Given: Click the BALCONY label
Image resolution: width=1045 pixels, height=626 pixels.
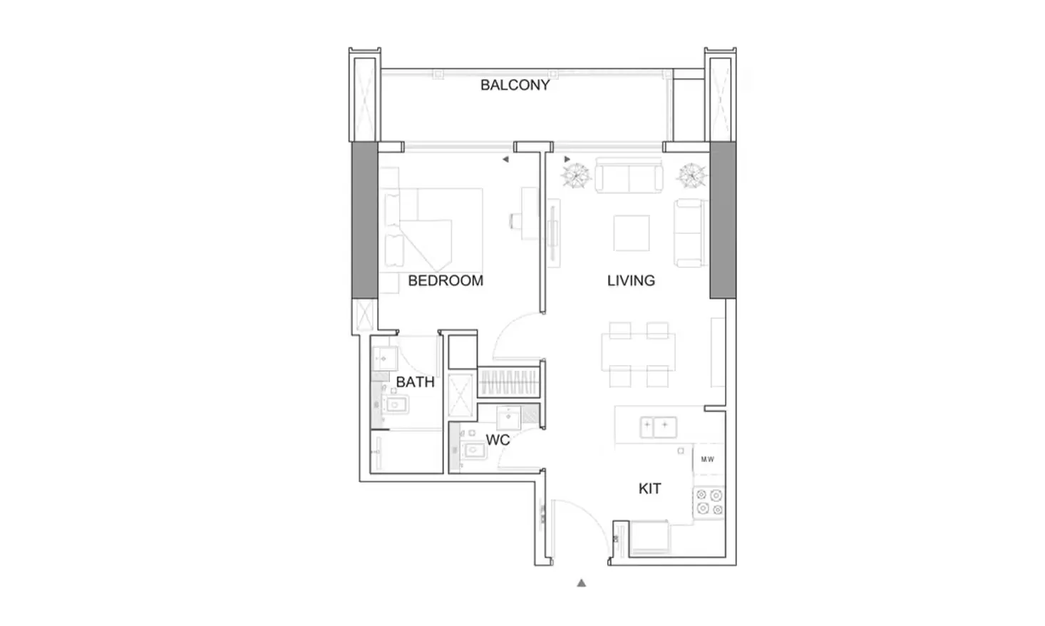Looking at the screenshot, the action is point(515,85).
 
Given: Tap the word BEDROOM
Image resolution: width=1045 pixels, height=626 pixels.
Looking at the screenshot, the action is point(446,280).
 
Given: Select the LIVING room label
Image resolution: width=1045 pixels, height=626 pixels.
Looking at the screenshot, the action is point(631,280).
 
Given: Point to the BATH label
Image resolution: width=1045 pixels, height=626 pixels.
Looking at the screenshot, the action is point(415,382).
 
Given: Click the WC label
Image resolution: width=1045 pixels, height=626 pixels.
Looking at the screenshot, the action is point(498,440).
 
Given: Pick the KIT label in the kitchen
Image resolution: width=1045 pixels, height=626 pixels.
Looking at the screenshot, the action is point(649,488).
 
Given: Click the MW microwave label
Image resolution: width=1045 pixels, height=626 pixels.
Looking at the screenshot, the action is point(707,459).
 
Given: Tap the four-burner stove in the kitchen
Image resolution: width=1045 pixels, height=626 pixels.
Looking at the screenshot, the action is point(709,502).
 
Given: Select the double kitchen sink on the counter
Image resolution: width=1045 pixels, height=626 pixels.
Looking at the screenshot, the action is point(658,427).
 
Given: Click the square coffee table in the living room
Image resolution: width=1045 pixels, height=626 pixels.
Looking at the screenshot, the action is point(631,232).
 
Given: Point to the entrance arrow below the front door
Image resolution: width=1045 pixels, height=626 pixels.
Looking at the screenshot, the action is point(581,583).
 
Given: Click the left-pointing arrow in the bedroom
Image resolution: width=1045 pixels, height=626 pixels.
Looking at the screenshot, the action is point(505,160).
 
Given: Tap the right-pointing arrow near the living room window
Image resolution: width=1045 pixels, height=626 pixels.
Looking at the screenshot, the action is point(567,160).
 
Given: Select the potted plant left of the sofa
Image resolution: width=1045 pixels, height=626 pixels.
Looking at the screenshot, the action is point(577,176).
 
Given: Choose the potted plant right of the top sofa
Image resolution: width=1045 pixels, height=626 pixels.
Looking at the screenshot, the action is point(692,176).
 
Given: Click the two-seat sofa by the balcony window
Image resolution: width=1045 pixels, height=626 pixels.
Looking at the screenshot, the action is point(629,175).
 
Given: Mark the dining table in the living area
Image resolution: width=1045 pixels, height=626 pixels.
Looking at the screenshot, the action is point(638,352).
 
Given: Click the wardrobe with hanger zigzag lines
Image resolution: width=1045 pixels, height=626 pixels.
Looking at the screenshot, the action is point(508,381).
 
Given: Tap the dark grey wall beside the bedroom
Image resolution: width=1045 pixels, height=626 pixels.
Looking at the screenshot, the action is point(365,220).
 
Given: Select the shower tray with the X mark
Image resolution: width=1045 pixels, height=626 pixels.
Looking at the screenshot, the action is point(460,395).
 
